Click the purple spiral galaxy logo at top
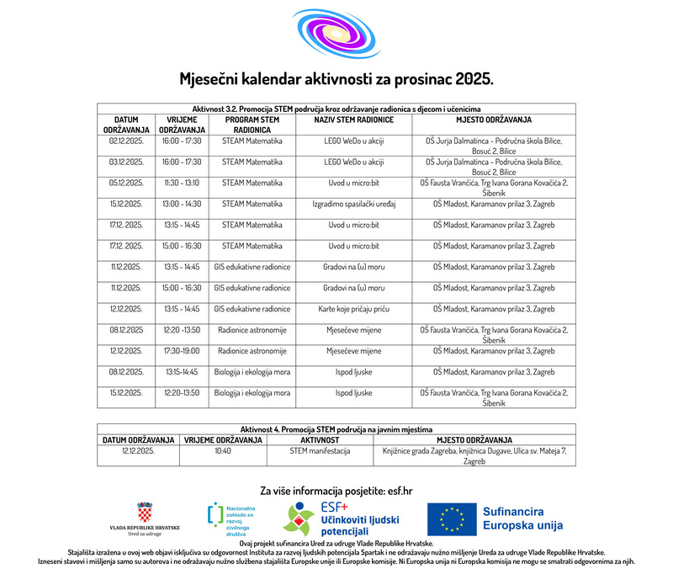336,34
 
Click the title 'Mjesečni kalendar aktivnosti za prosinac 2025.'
336,79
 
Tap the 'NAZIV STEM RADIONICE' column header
354,120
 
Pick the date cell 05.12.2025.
126,182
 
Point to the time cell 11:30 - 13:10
182,182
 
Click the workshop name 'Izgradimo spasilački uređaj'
354,204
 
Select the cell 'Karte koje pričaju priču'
354,309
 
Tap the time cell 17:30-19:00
182,351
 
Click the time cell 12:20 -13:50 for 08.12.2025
182,330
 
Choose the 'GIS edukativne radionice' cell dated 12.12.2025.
252,309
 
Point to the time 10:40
223,450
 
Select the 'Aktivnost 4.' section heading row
336,429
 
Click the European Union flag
451,519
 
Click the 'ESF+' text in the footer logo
335,507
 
